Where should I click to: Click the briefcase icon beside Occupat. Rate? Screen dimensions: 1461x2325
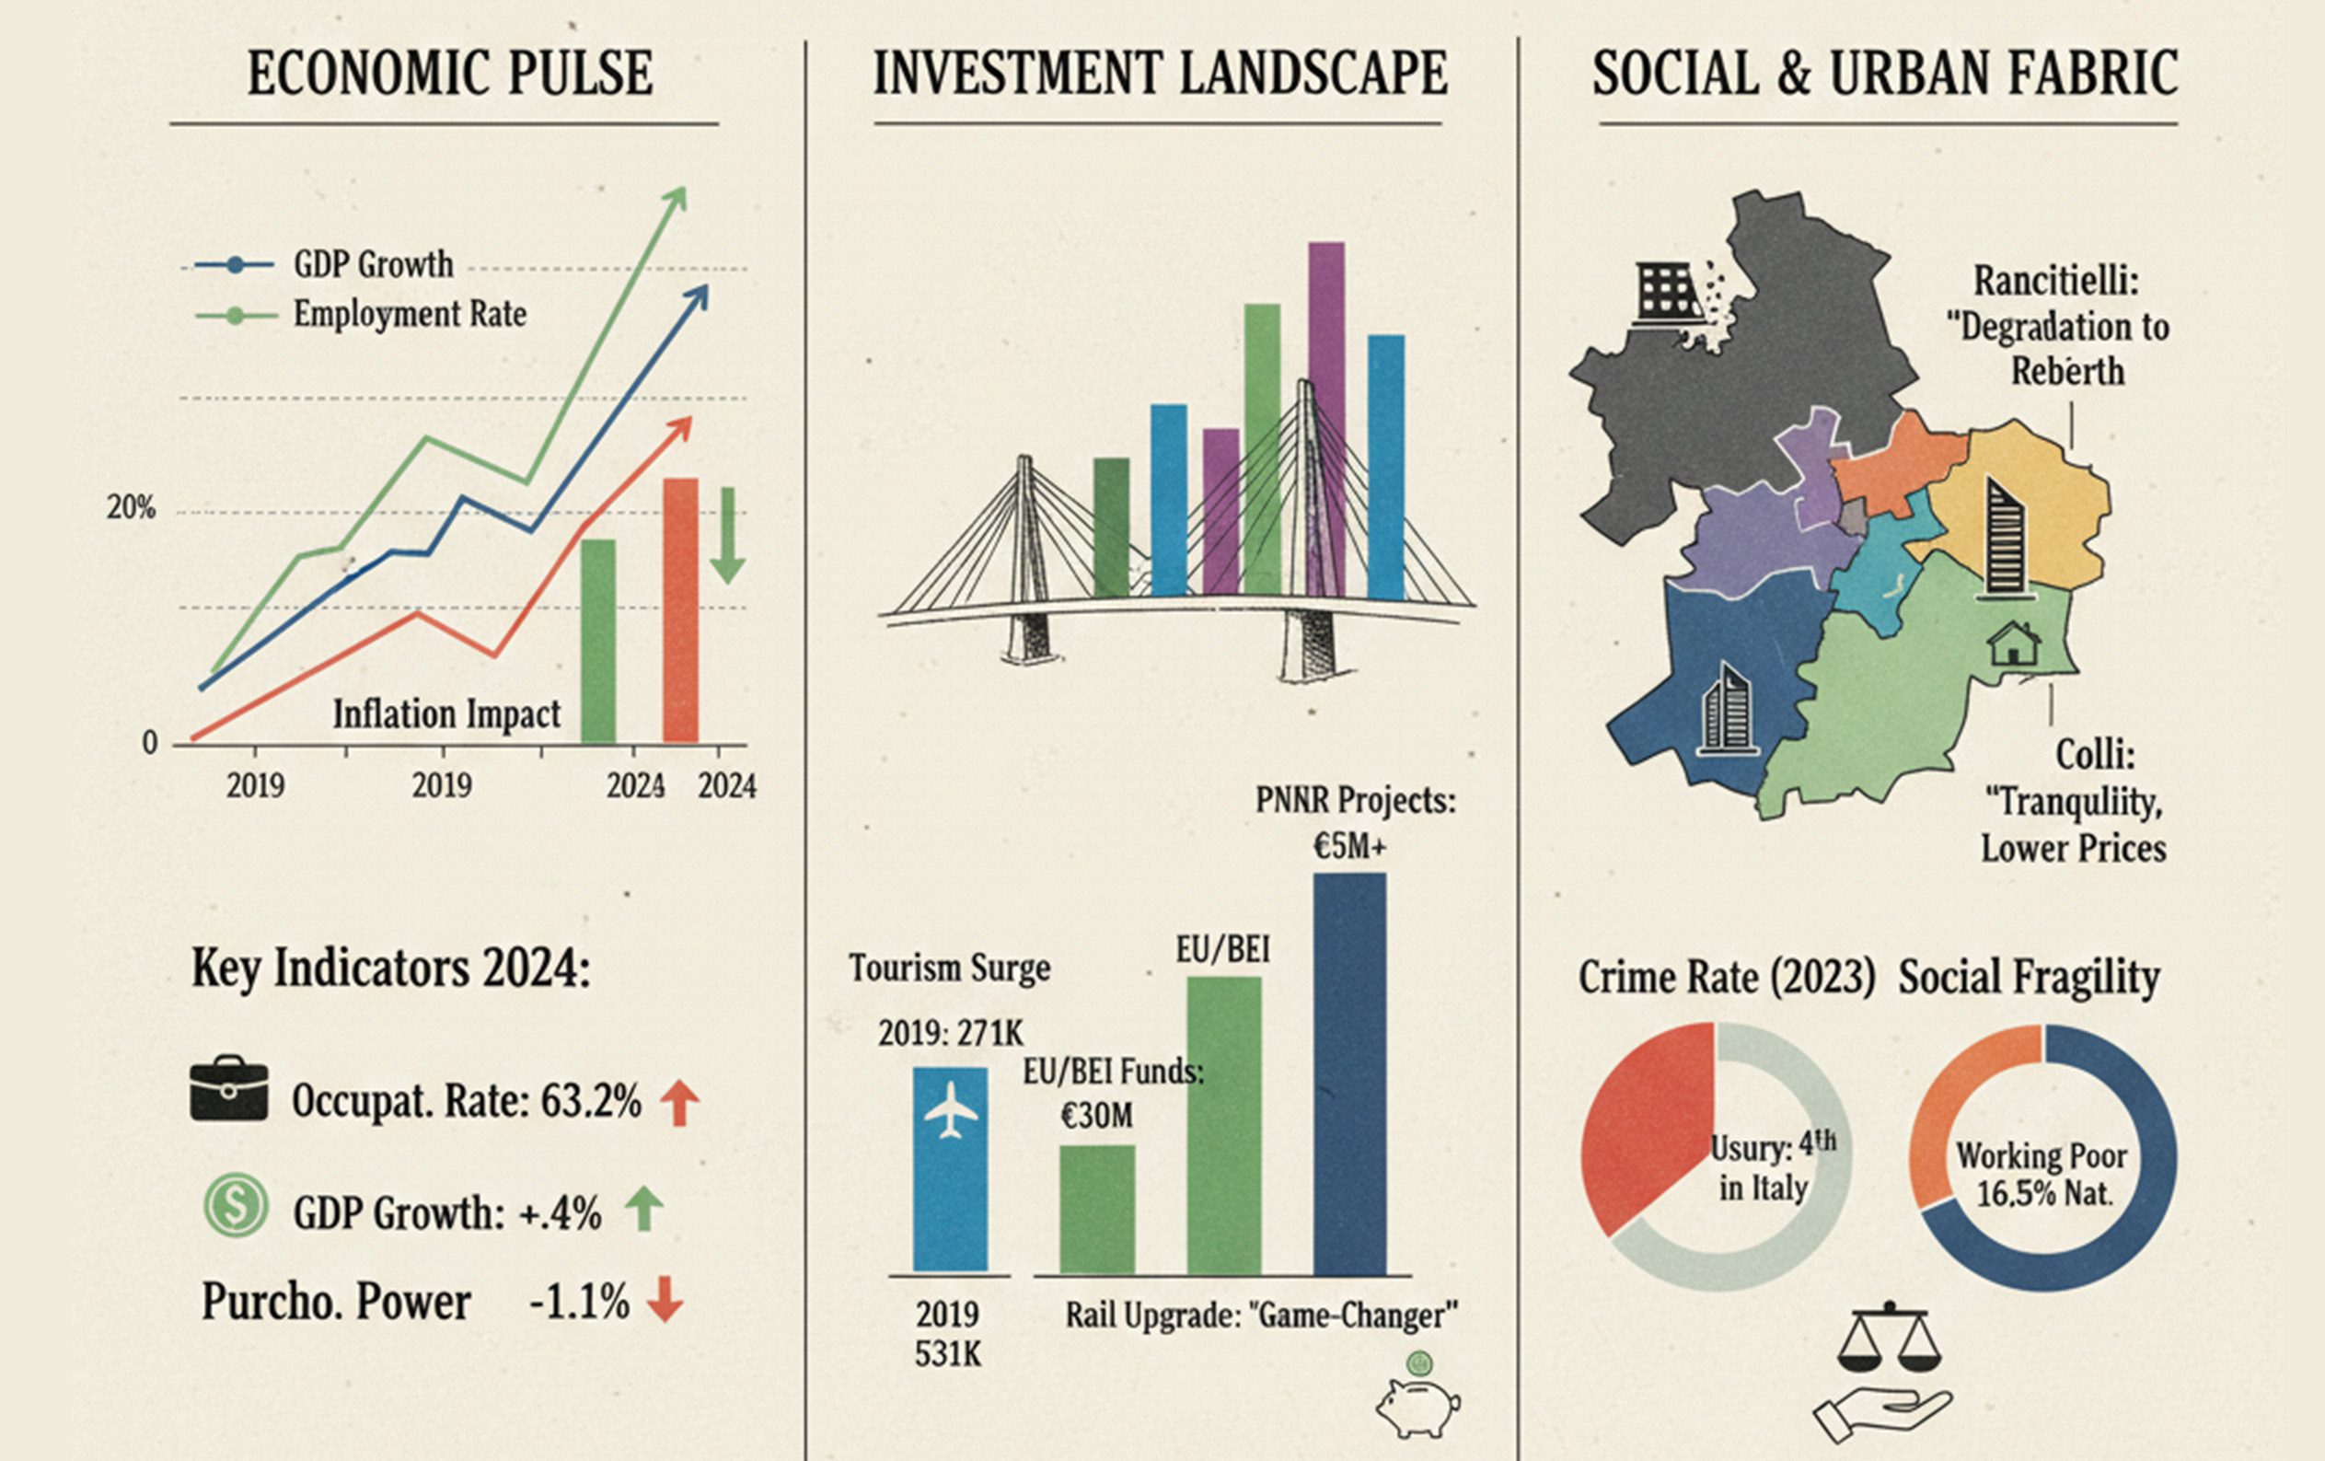pyautogui.click(x=229, y=1091)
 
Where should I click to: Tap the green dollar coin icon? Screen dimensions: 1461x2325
pyautogui.click(x=236, y=1204)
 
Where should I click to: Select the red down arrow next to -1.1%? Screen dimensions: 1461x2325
pyautogui.click(x=665, y=1299)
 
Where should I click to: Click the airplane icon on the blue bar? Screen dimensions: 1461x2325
pyautogui.click(x=951, y=1110)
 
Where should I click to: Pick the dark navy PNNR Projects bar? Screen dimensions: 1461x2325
pyautogui.click(x=1348, y=1072)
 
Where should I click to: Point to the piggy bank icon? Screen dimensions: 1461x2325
pyautogui.click(x=1417, y=1405)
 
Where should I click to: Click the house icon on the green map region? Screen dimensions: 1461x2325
pyautogui.click(x=2013, y=644)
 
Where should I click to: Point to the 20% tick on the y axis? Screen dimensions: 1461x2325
pyautogui.click(x=132, y=508)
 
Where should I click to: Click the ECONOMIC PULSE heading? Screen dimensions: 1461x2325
pyautogui.click(x=449, y=74)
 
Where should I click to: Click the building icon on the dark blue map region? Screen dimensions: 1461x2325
pyautogui.click(x=1726, y=710)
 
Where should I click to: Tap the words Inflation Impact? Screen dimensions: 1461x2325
pyautogui.click(x=446, y=714)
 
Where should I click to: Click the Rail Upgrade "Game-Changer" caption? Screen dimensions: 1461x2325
pyautogui.click(x=1261, y=1316)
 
